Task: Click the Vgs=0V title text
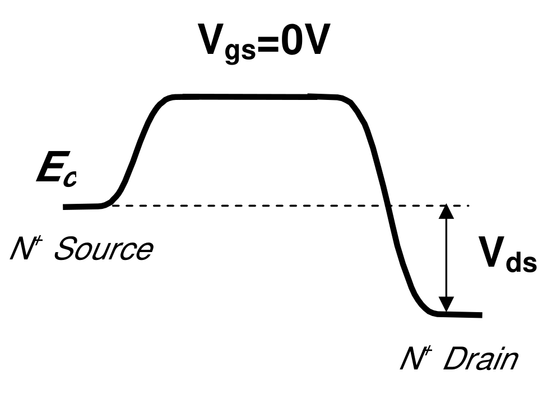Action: pos(262,42)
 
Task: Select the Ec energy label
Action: pos(56,172)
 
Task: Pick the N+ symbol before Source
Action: pos(23,248)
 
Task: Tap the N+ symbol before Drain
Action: pos(414,359)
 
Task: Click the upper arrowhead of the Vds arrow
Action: pos(446,212)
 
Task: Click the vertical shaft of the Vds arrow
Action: pos(446,258)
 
